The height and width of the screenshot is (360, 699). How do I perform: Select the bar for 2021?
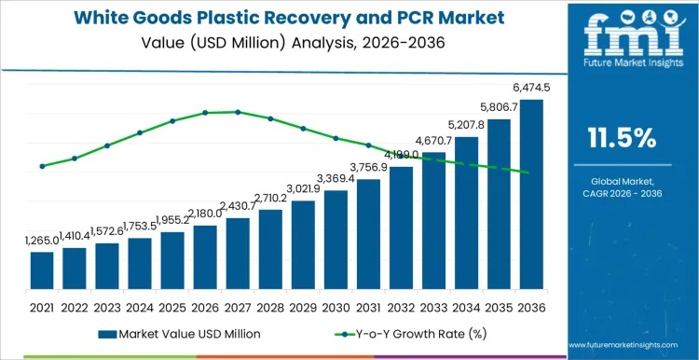(x=42, y=270)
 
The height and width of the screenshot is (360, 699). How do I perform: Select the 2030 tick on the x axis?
(x=336, y=306)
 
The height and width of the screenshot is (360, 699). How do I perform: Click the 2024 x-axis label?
(x=140, y=306)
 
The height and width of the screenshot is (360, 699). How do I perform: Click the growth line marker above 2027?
(x=238, y=112)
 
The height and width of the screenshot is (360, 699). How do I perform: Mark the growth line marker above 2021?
(x=42, y=166)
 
